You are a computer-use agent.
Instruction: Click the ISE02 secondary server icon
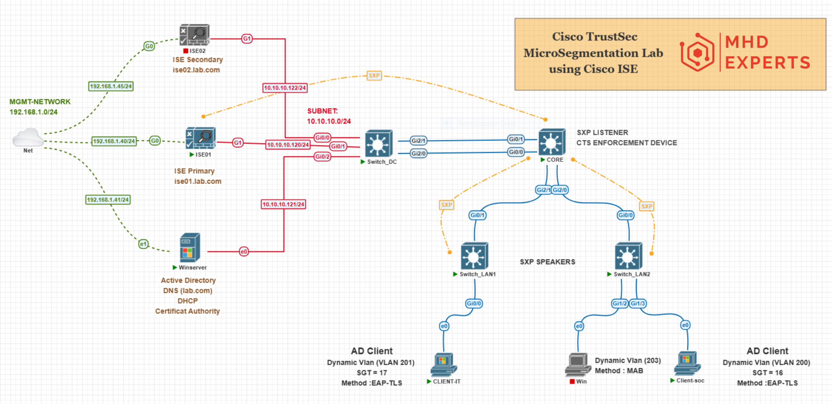click(195, 35)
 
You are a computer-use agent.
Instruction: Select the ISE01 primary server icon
click(201, 138)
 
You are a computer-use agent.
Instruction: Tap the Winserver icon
click(190, 247)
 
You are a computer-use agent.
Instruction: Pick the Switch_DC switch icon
click(379, 144)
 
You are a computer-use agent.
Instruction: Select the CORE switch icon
click(552, 142)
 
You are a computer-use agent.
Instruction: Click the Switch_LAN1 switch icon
click(474, 256)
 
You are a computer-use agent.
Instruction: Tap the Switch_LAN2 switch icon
click(628, 256)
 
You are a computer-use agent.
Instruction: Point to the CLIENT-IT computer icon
click(443, 365)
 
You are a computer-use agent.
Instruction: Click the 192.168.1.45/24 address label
click(111, 86)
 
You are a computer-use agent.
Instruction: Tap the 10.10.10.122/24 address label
click(285, 88)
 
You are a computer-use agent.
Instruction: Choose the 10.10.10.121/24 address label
click(283, 204)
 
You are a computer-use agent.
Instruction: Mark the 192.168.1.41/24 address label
click(108, 200)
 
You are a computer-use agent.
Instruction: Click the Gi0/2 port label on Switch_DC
click(322, 157)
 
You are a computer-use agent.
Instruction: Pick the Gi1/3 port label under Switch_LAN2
click(638, 303)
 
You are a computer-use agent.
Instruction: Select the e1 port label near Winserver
click(143, 244)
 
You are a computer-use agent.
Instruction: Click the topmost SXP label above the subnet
click(374, 76)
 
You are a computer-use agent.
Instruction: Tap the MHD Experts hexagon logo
click(697, 52)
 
